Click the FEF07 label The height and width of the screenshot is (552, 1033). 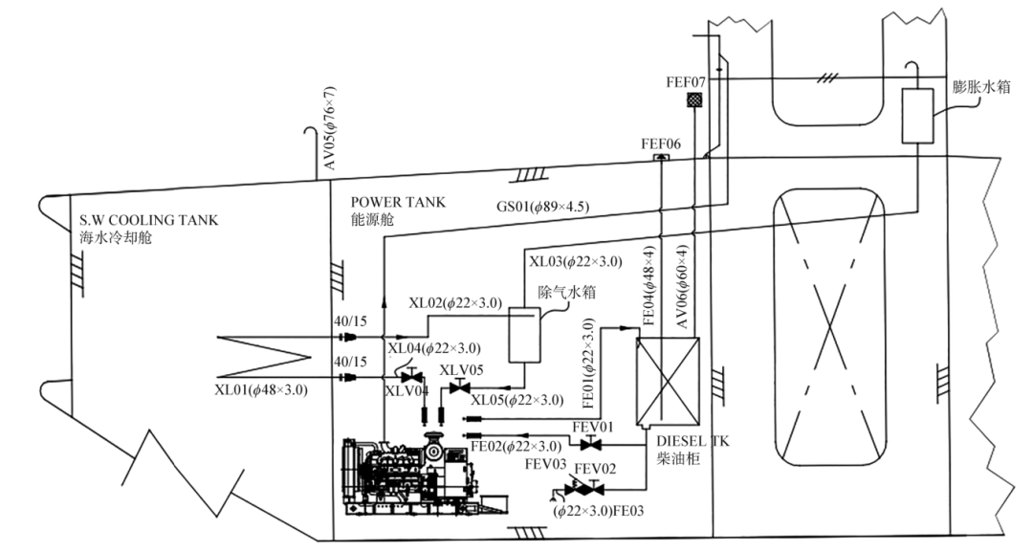click(686, 82)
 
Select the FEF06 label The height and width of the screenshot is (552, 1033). click(660, 144)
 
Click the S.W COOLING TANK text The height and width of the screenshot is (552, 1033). click(148, 220)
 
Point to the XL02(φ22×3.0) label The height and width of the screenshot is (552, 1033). click(454, 302)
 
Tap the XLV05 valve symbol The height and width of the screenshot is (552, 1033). click(458, 387)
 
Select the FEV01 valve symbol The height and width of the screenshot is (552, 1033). click(591, 443)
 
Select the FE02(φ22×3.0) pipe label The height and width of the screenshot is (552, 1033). click(516, 447)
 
